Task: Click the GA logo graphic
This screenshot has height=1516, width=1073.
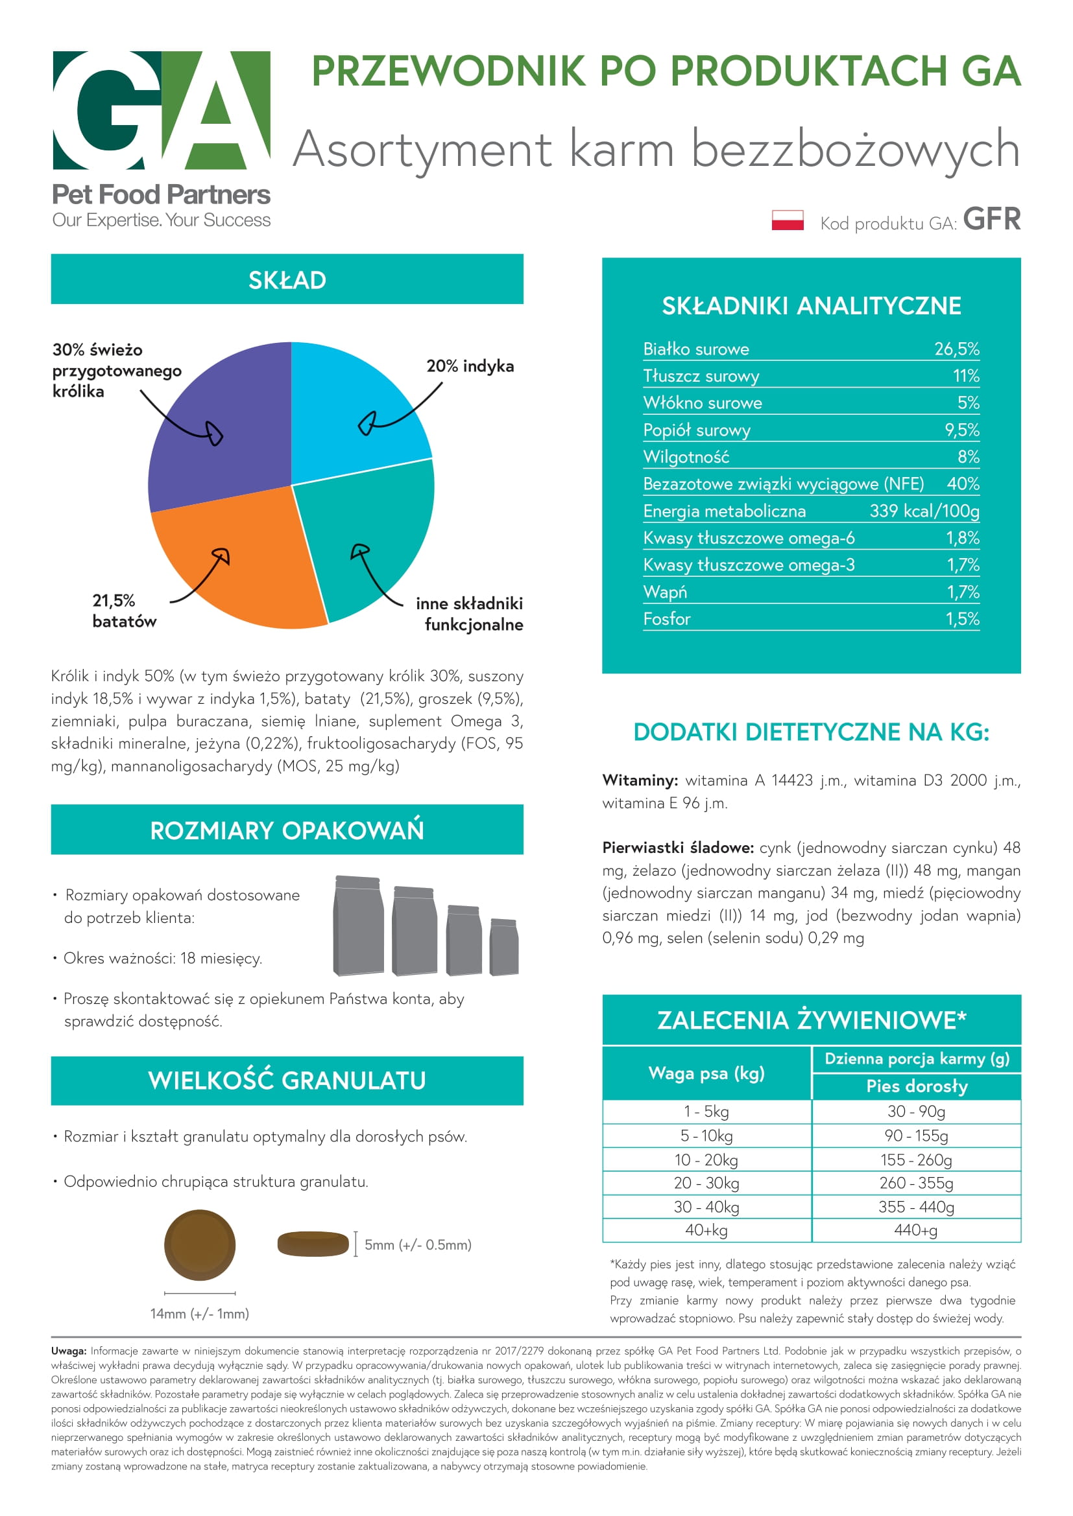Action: click(162, 110)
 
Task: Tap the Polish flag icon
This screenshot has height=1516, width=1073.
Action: click(787, 220)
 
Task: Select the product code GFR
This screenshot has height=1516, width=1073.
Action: click(991, 219)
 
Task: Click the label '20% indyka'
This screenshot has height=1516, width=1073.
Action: click(470, 366)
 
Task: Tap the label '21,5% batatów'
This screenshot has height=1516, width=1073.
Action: click(124, 611)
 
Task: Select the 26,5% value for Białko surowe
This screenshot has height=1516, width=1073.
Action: click(956, 349)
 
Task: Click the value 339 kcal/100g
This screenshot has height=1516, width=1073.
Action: click(924, 511)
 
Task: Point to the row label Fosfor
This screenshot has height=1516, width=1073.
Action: click(667, 620)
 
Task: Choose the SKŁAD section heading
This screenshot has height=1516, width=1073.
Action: click(287, 280)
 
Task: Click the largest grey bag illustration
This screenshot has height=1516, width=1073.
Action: click(358, 926)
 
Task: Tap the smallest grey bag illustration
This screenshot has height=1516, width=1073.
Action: click(503, 947)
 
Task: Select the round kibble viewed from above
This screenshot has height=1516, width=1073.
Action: click(200, 1244)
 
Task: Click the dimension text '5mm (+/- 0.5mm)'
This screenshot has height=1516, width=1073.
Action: click(418, 1244)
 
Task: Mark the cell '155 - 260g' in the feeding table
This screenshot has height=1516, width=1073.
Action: click(916, 1160)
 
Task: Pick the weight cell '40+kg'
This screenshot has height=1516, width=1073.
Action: click(706, 1230)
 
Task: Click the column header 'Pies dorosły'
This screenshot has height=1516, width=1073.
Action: click(917, 1086)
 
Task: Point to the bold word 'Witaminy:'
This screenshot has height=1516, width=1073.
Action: click(640, 780)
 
